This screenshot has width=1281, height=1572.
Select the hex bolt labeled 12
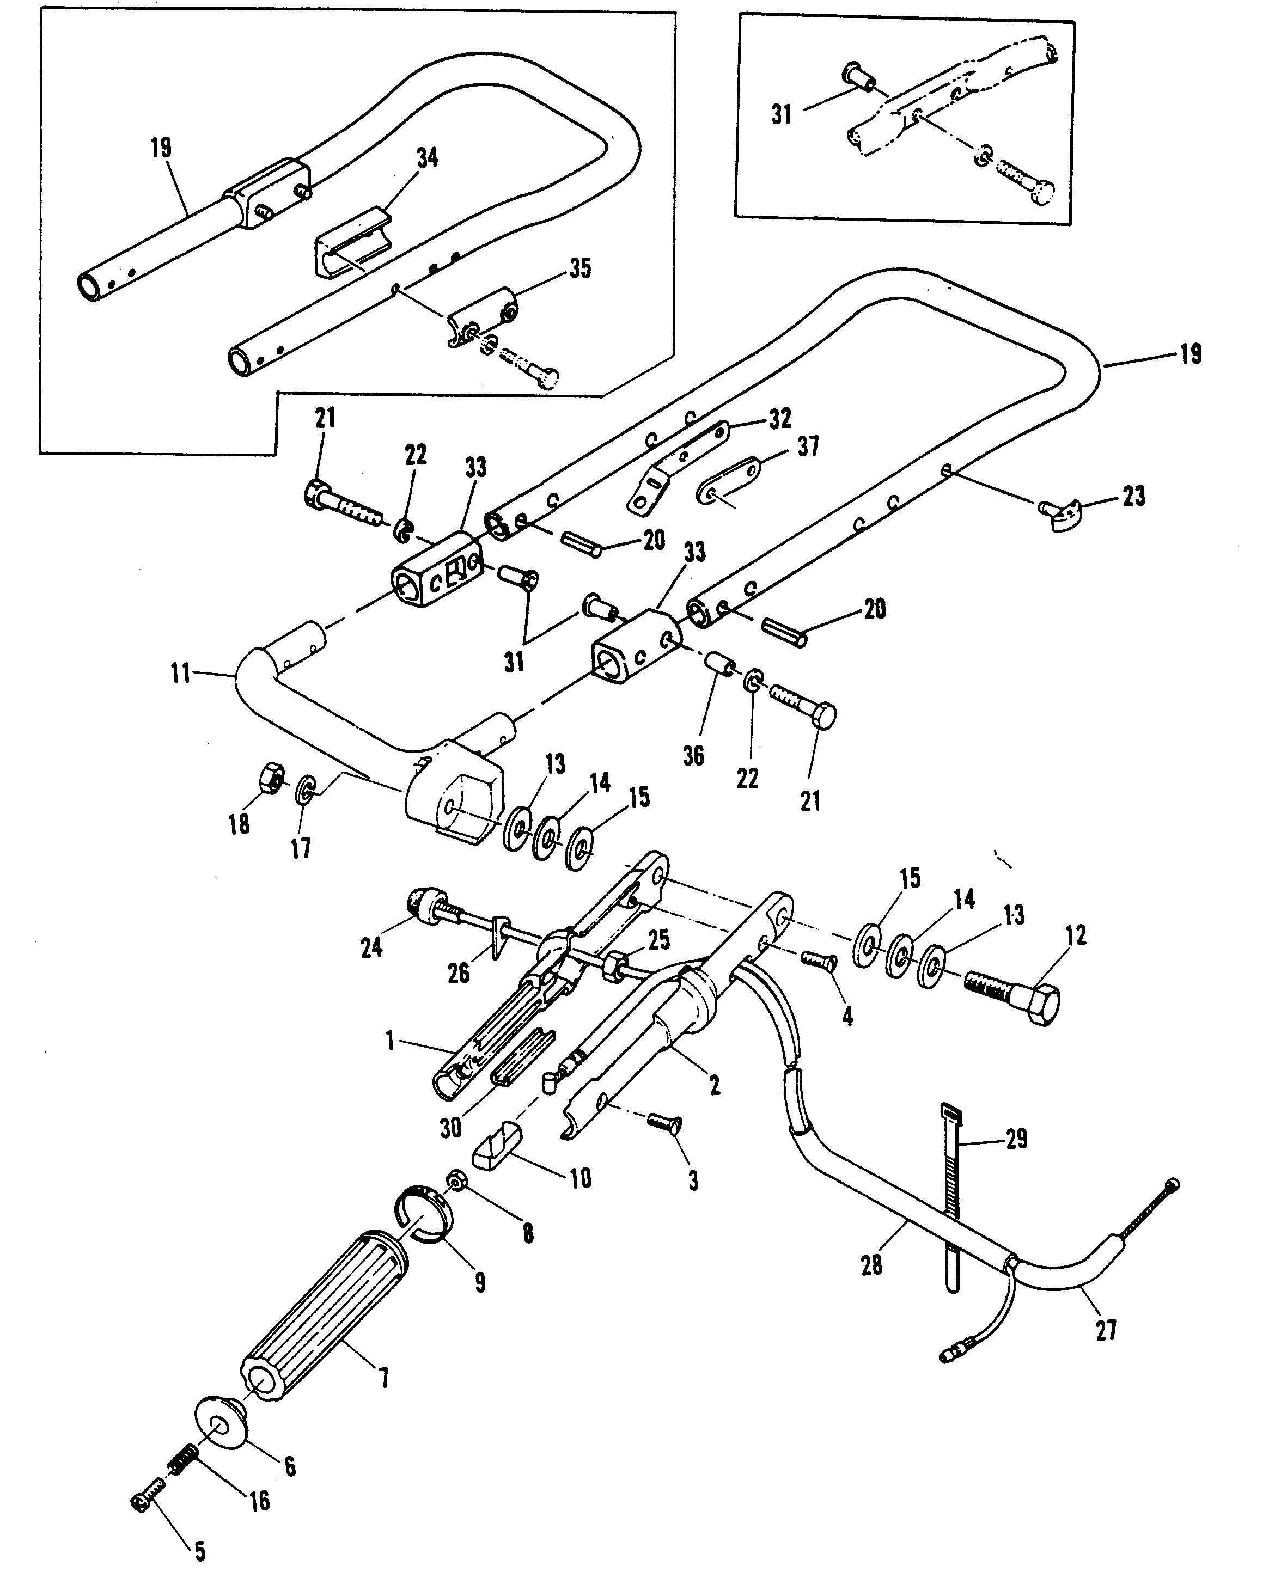pyautogui.click(x=1014, y=995)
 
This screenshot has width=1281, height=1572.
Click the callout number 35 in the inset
pyautogui.click(x=581, y=268)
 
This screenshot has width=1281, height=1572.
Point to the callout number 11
pyautogui.click(x=181, y=673)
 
